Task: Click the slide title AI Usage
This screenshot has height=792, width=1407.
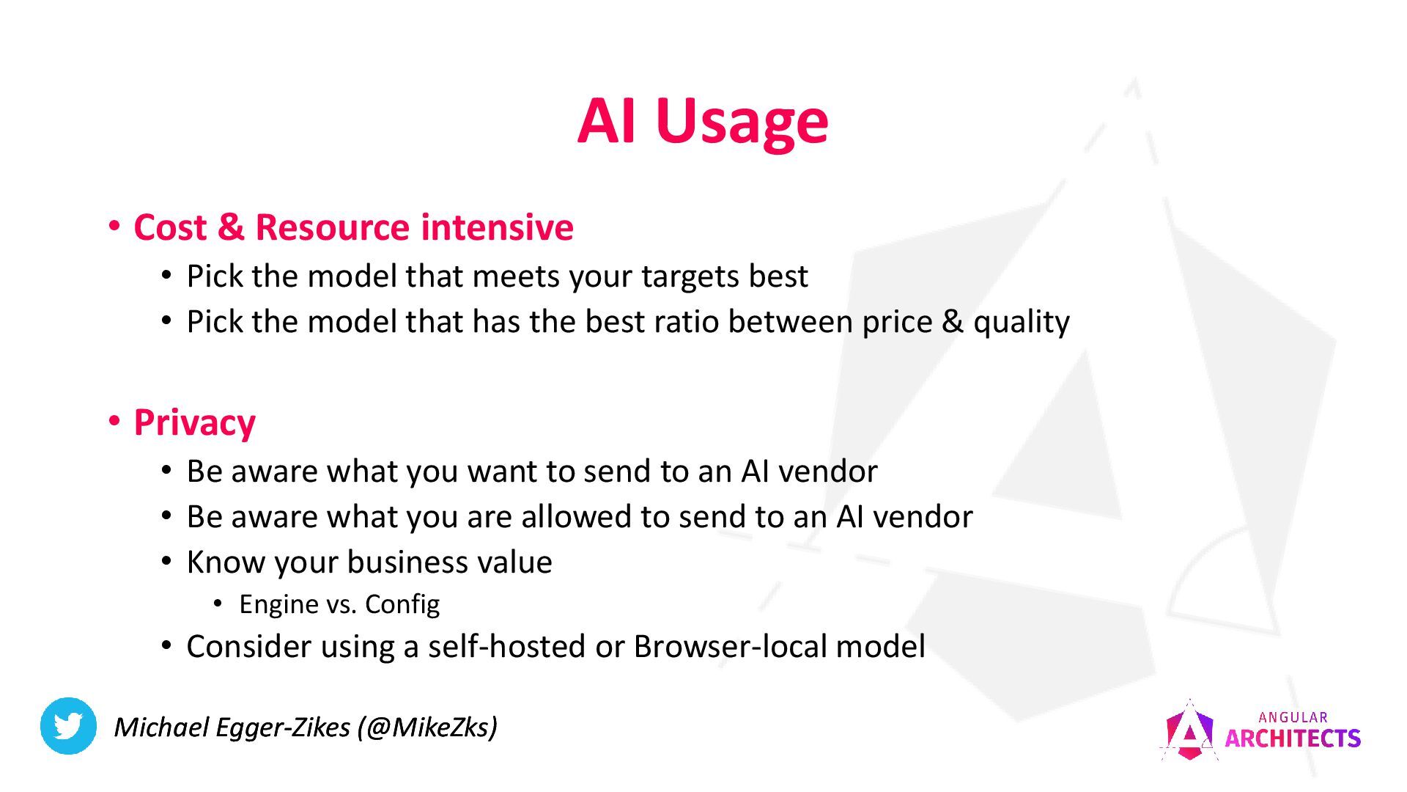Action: coord(702,121)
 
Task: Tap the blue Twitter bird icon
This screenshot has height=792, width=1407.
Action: coord(68,726)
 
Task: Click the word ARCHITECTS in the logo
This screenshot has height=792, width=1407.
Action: coord(1292,738)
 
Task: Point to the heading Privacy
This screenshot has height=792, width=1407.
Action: coord(194,423)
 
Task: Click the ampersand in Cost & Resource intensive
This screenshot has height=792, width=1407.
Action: coord(230,227)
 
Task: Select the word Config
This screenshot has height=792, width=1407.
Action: coord(402,604)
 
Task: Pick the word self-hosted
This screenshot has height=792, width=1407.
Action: coord(506,647)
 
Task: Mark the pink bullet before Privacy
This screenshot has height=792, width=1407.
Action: coord(114,421)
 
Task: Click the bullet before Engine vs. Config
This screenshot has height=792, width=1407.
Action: coord(218,603)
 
